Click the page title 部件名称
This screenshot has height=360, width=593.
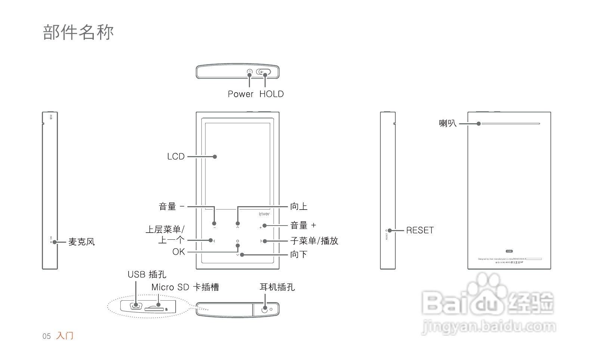[78, 32]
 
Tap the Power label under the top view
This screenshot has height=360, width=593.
[241, 94]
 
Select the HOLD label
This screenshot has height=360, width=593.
[272, 94]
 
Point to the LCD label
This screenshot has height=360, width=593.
[176, 156]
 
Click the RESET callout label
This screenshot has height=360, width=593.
[420, 230]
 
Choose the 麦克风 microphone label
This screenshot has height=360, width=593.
[81, 242]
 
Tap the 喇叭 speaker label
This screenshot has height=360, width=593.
[448, 123]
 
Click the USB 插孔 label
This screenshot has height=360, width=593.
[147, 274]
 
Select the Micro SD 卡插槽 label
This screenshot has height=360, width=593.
[185, 287]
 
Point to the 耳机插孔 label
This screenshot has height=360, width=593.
[277, 287]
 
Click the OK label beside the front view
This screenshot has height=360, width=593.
[179, 252]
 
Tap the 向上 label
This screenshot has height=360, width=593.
[299, 206]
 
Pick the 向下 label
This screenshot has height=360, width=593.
[299, 255]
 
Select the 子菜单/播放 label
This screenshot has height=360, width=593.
[314, 241]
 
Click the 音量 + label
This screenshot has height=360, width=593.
[303, 226]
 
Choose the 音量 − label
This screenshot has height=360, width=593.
[172, 207]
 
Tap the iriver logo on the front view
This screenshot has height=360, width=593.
[264, 214]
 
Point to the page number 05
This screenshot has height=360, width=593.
[46, 336]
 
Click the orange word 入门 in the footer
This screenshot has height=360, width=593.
[65, 336]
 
